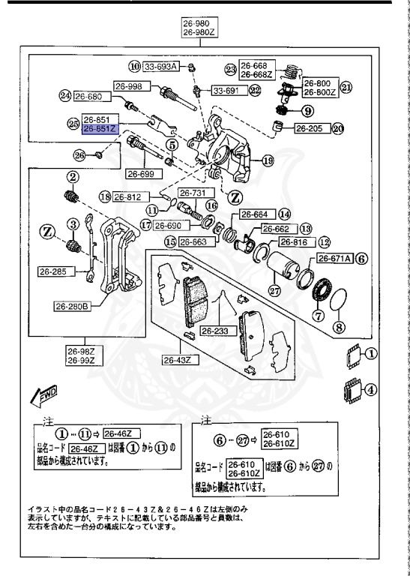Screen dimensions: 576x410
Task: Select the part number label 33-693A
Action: point(160,67)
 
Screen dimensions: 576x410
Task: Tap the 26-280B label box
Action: point(73,306)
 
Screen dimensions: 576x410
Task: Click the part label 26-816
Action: point(294,241)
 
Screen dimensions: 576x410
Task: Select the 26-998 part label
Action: point(128,85)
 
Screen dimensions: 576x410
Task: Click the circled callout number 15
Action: point(171,241)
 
